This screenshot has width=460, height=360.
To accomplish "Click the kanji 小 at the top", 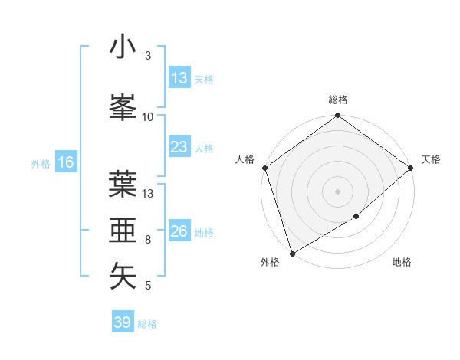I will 123,47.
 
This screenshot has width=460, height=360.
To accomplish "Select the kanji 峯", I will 123,107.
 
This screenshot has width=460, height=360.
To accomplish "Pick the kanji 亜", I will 123,231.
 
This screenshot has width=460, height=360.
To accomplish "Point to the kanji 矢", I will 123,277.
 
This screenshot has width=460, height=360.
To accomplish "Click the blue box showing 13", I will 179,78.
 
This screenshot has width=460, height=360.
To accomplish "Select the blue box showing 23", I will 179,147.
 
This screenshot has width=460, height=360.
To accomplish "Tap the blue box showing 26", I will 179,231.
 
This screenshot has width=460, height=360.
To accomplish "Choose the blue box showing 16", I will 65,162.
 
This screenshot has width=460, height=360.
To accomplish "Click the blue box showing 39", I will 122,322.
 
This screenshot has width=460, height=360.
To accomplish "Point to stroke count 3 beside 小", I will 148,56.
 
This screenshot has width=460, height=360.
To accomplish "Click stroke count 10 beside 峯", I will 148,116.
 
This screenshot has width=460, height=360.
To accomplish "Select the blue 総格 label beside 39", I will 147,324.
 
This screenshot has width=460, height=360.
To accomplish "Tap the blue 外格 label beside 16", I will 41,163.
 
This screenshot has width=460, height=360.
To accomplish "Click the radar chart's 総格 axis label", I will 338,100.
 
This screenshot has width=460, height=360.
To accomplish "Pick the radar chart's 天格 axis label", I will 431,159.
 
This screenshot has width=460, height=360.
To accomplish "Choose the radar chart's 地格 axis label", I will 402,263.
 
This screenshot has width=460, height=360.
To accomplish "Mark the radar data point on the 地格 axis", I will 356,217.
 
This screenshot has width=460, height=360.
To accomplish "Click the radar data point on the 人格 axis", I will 264,168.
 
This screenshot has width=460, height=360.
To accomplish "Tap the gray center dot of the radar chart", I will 338,191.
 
